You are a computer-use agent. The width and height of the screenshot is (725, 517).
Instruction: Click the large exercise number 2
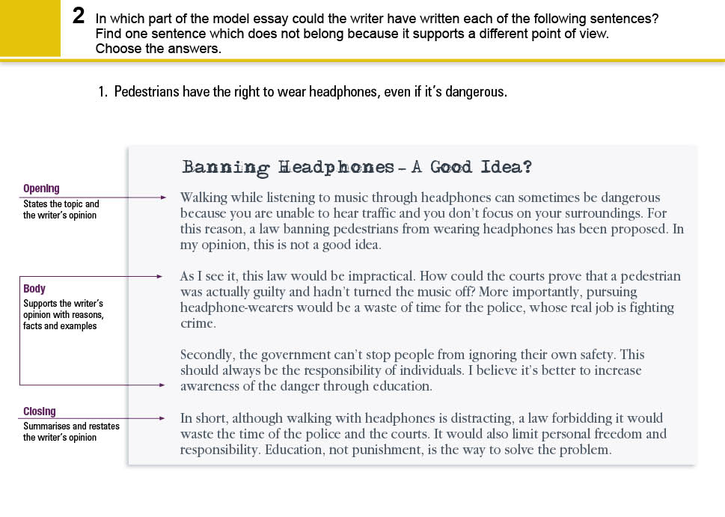coord(79,16)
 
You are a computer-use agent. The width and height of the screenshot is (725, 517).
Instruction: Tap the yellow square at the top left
coord(30,28)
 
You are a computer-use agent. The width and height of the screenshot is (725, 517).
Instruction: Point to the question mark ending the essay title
coord(527,166)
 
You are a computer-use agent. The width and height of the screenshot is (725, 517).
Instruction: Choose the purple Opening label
coord(41,189)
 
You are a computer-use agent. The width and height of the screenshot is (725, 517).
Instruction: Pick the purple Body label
coord(34,289)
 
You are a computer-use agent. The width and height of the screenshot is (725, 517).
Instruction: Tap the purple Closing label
coord(39,412)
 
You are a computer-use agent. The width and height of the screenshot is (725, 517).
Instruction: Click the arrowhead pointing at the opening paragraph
coord(163,198)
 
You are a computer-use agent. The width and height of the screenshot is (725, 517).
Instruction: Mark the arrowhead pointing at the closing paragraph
coord(162,418)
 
